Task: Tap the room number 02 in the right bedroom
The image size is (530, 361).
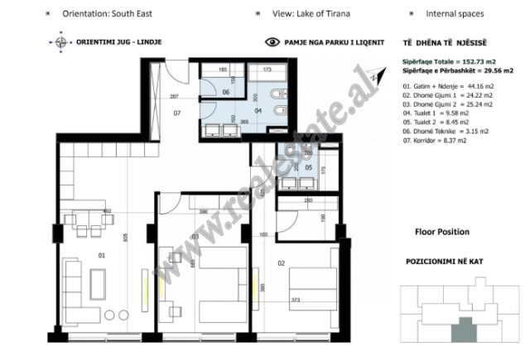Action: pos(281,262)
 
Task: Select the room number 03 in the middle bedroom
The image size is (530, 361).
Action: pos(196,237)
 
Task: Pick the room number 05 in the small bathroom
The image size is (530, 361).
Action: pos(308,166)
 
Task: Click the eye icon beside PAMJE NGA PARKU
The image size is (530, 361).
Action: pos(272,41)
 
